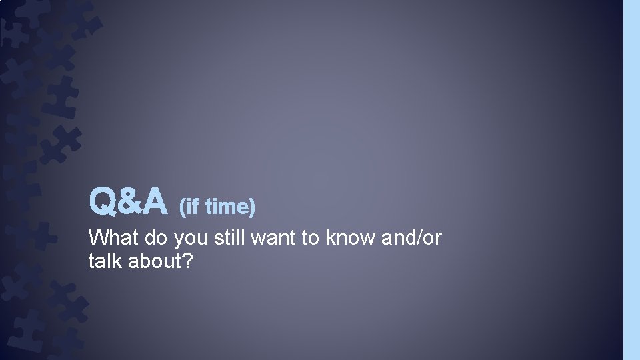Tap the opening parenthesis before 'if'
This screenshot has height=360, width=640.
pos(182,208)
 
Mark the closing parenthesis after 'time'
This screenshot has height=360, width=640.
pos(252,208)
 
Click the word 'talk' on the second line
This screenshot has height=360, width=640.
pos(104,261)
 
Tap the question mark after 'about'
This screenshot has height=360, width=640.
pos(188,261)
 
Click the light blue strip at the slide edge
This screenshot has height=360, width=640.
pos(631,180)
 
